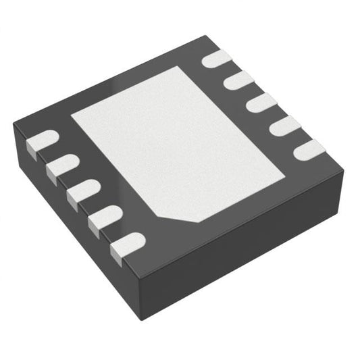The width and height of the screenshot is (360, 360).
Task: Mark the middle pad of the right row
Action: pos(261,103)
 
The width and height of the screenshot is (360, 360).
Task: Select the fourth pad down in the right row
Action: pos(283,125)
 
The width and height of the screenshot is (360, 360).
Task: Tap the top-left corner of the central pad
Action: pos(72,113)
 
